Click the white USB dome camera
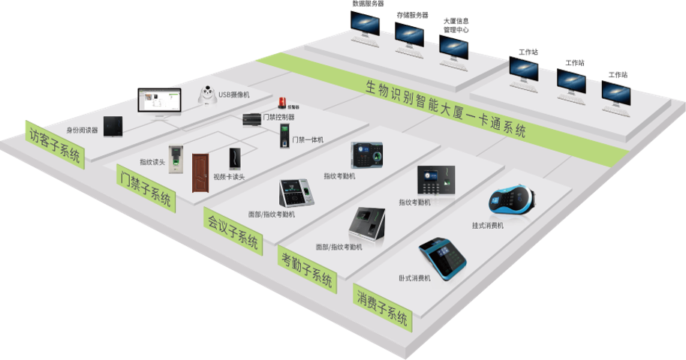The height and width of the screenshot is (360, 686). click(206, 95)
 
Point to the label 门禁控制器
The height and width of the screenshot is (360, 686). click(279, 117)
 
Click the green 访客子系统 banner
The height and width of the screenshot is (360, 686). click(55, 142)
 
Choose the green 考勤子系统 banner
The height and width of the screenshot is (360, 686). click(306, 269)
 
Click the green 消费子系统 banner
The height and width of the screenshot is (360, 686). click(382, 307)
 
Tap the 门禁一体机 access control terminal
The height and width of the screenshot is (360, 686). click(284, 136)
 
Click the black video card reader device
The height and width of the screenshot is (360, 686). click(235, 159)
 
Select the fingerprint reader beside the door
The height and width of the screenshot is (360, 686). click(176, 158)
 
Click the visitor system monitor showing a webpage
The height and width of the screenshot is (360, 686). click(159, 103)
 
